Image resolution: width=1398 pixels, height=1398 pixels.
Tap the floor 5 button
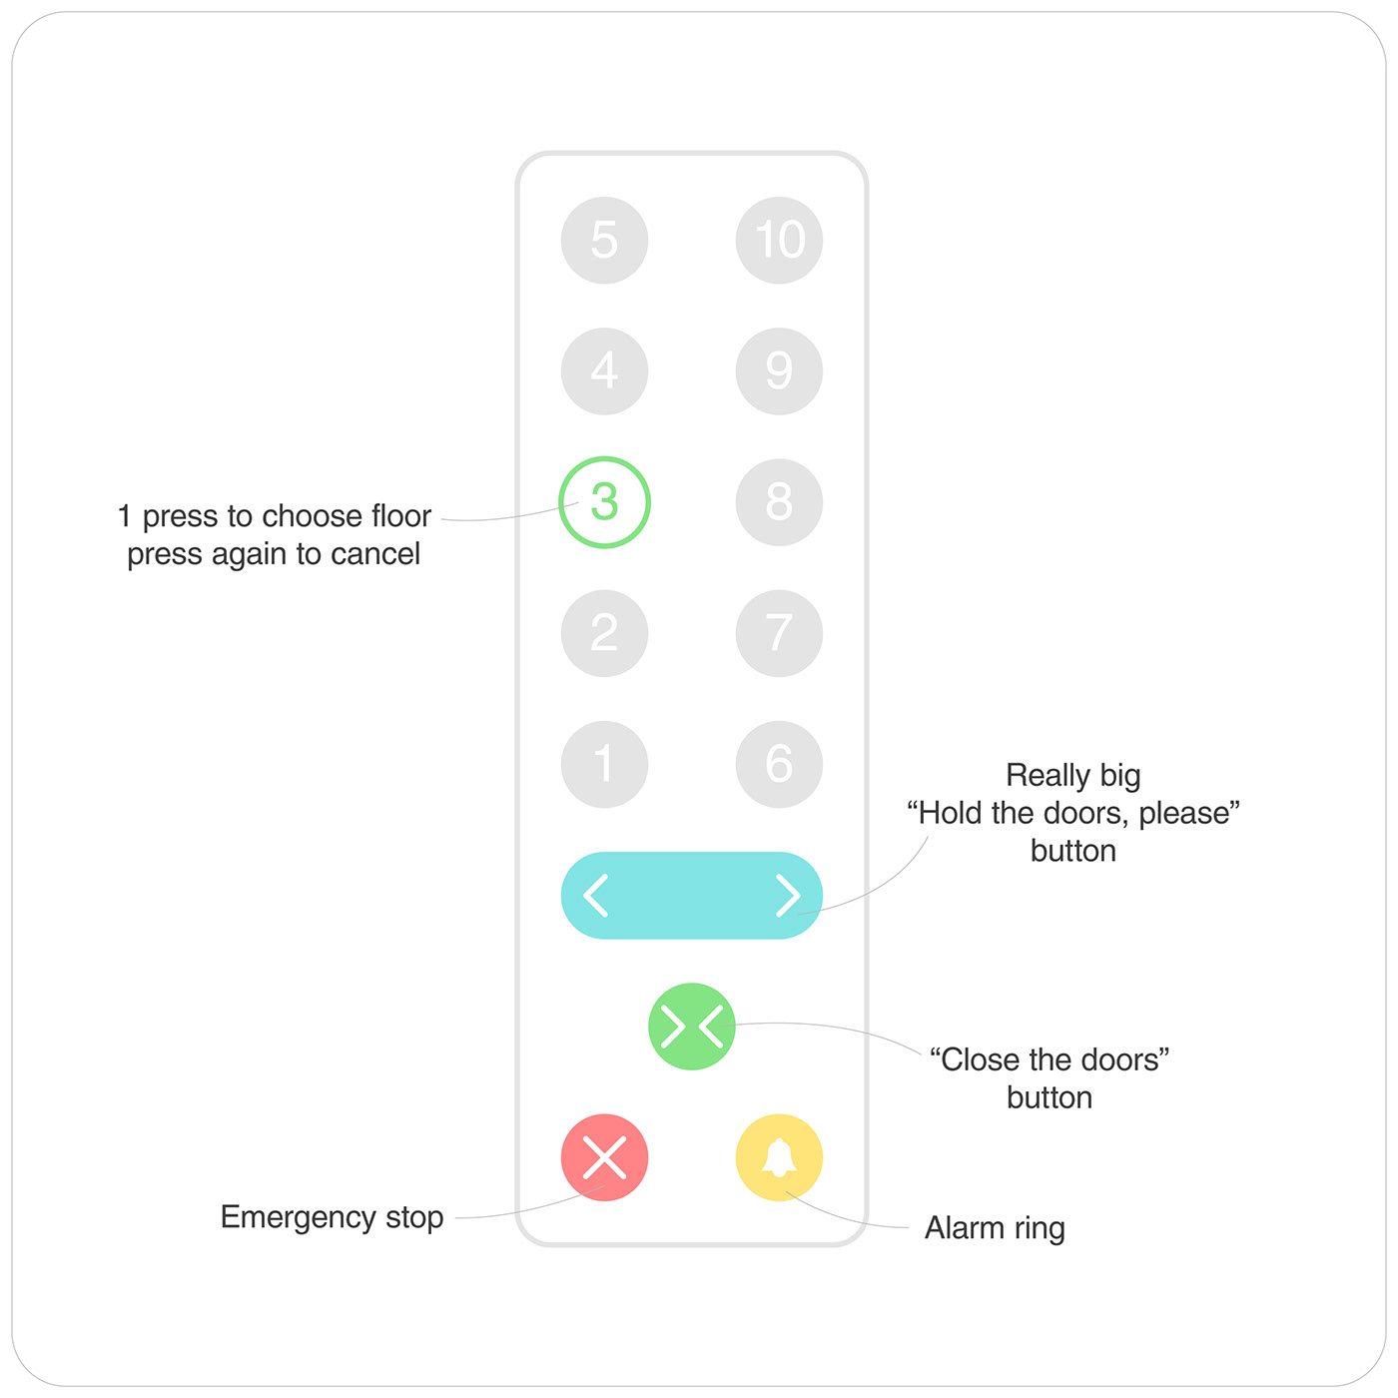[604, 240]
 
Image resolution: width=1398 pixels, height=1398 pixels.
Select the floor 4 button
[604, 370]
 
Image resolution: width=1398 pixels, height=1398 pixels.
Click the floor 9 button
[779, 370]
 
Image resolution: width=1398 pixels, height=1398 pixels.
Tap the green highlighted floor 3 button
[604, 501]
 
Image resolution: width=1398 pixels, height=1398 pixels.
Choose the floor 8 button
[779, 501]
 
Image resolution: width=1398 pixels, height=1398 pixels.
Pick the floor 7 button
[779, 633]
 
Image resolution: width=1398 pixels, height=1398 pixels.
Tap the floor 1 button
[604, 764]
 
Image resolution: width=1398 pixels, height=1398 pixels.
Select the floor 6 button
[779, 764]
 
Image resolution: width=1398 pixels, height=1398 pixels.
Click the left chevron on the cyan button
[596, 895]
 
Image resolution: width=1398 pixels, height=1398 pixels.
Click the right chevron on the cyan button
[788, 895]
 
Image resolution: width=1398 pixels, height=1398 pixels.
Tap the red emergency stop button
[604, 1157]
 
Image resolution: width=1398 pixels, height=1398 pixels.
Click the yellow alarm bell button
[779, 1157]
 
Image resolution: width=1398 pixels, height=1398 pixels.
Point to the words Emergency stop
[332, 1217]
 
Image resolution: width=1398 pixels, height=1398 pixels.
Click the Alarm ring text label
[995, 1228]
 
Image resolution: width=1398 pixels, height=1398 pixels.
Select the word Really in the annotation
[1048, 776]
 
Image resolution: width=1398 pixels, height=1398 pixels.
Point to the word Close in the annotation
[980, 1059]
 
